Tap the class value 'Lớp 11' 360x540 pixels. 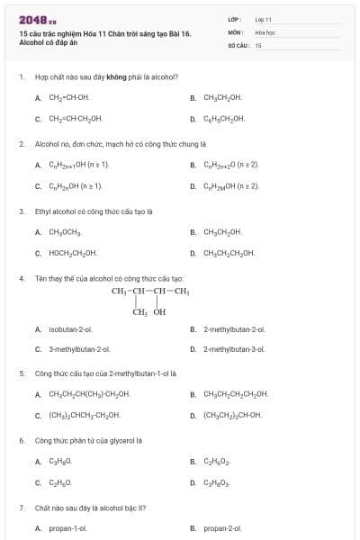263,19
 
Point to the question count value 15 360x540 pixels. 258,44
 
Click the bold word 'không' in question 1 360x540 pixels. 115,77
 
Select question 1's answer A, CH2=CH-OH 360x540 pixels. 69,97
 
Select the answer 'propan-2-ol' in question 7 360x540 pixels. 223,528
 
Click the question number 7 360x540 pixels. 21,508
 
